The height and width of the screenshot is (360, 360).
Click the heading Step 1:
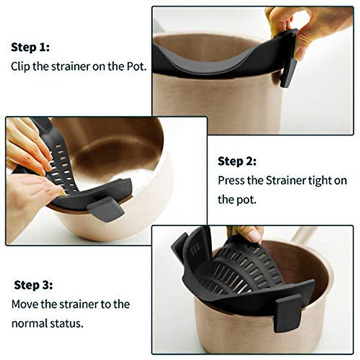coord(30,47)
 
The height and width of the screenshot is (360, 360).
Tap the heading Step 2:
coord(237,161)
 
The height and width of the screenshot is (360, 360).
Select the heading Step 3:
coord(33,285)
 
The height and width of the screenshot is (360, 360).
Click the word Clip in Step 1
coord(20,66)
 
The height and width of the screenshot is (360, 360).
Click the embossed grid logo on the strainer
coord(195,248)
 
